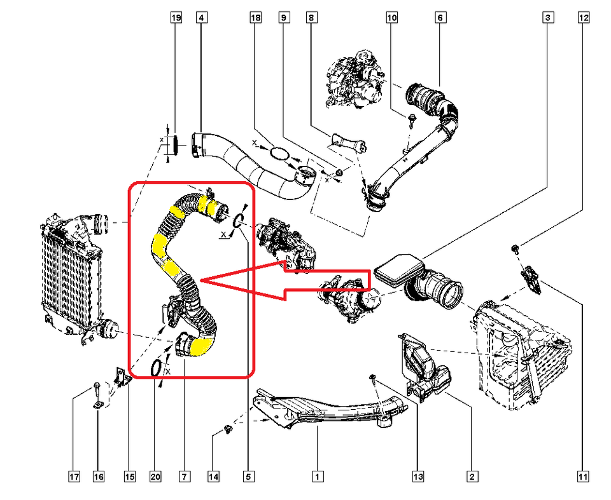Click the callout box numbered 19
pos(176,18)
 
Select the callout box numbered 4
pos(201,18)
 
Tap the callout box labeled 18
pos(255,18)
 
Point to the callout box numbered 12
pos(584,18)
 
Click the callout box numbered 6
pos(440,18)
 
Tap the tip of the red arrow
pos(201,280)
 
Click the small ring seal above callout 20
pos(156,367)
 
